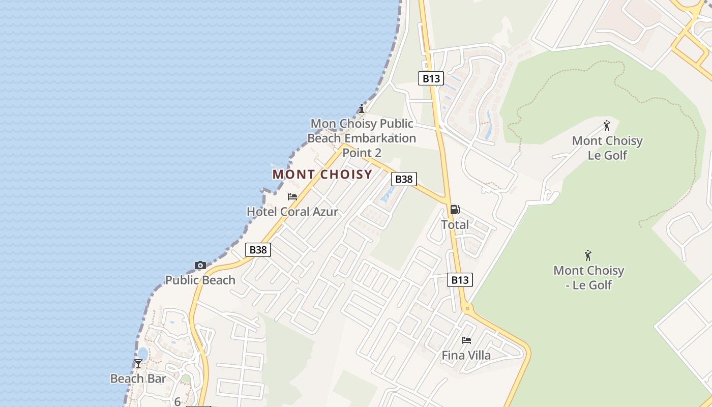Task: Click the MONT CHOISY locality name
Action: [322, 175]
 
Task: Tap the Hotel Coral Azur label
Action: [292, 212]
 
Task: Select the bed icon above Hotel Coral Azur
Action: [292, 197]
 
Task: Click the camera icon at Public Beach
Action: [200, 265]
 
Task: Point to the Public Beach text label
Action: [200, 280]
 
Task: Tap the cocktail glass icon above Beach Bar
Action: [138, 363]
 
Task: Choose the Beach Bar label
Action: [138, 379]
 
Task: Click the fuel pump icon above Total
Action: [455, 210]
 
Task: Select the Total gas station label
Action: [455, 224]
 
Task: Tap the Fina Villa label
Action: [466, 355]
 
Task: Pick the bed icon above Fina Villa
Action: [466, 340]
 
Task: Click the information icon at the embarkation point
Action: [362, 108]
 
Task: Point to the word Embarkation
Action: [380, 138]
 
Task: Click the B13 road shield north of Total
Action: [431, 78]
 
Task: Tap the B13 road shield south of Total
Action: [460, 280]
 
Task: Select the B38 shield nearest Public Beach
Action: [258, 250]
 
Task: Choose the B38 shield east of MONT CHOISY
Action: [404, 179]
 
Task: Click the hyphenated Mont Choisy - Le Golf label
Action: [588, 277]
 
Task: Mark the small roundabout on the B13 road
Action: [467, 308]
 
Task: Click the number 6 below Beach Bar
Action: [177, 401]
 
